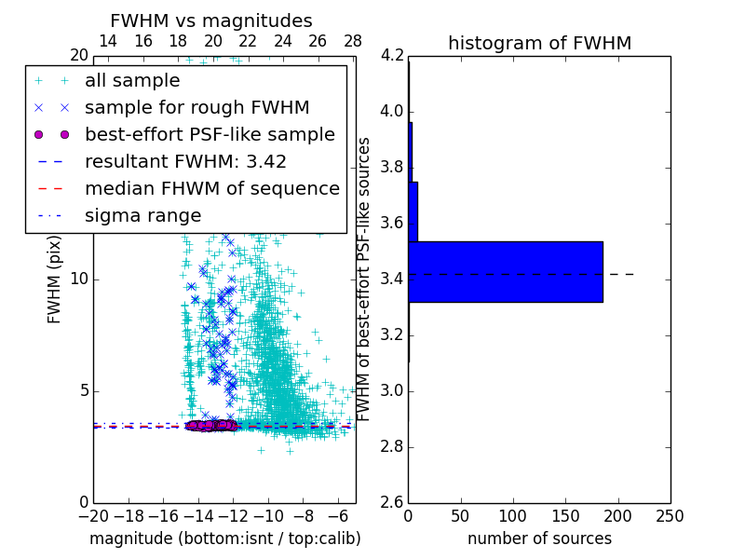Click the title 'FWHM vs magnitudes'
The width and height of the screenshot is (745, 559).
211,20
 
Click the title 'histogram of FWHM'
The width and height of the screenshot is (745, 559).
539,43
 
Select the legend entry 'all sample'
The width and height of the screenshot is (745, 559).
132,81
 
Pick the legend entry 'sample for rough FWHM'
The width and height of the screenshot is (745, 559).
196,108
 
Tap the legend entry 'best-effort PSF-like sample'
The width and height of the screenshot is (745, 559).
210,134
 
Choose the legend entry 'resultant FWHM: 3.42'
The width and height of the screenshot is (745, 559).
185,161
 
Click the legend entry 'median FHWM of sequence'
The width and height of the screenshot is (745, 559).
211,188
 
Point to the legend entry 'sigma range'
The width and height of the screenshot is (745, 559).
142,215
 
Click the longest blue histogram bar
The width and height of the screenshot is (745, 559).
506,271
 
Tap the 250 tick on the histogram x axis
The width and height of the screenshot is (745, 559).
670,515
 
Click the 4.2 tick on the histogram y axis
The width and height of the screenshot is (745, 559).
392,56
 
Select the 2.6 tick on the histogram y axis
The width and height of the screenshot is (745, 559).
392,502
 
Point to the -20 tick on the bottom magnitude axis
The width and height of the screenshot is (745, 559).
94,515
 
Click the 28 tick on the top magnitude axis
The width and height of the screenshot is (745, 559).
353,41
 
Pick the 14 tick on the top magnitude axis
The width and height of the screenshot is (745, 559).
108,41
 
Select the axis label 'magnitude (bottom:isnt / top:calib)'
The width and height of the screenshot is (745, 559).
224,539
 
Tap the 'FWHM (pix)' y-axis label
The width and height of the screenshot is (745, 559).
55,278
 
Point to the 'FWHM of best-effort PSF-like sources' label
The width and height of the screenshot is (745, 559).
365,279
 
